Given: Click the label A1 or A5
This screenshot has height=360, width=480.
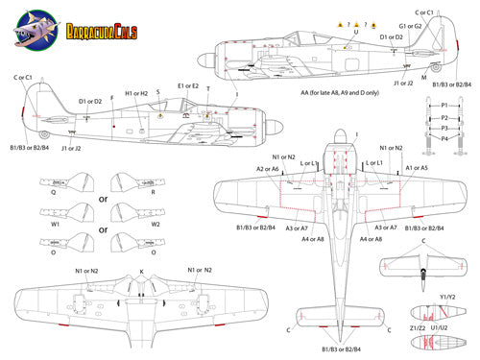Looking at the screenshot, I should pyautogui.click(x=417, y=168).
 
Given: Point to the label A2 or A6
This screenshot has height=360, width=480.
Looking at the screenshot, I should pyautogui.click(x=268, y=168).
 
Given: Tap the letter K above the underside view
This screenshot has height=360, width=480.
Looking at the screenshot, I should pyautogui.click(x=141, y=273).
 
